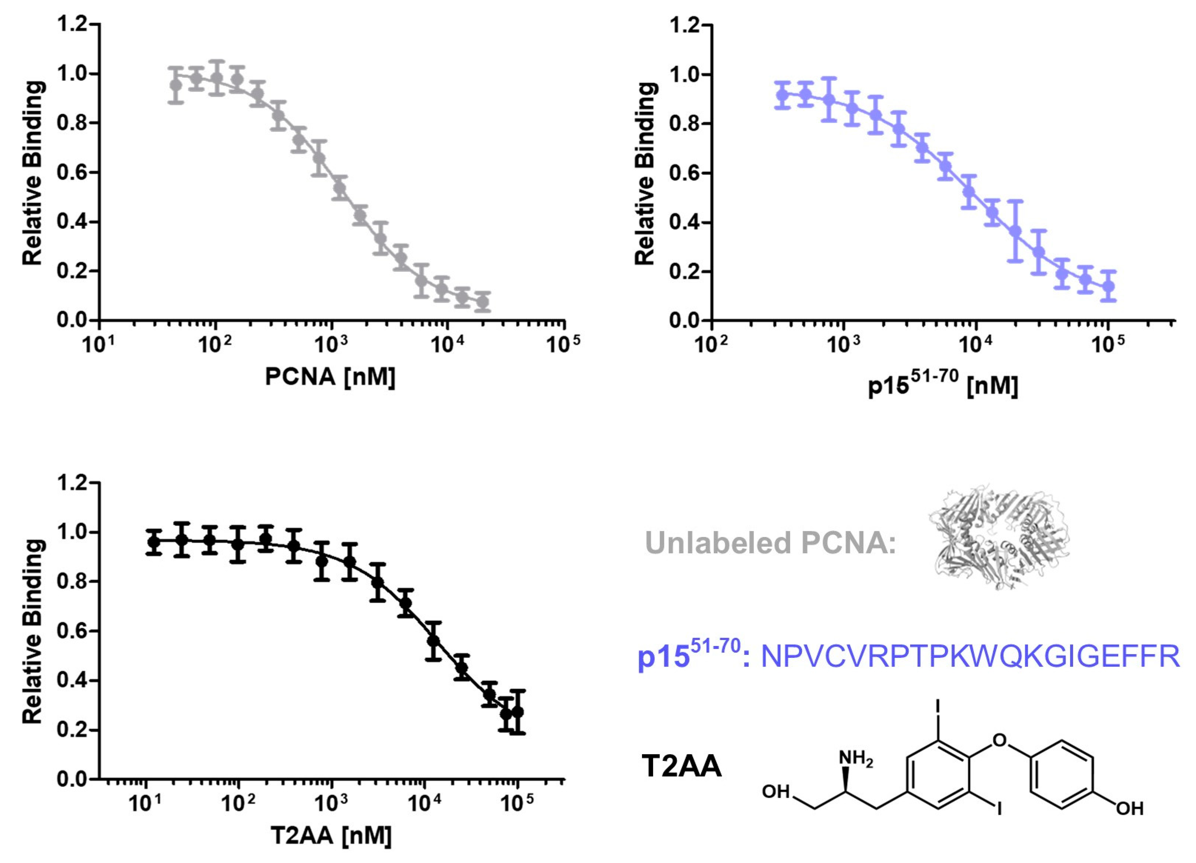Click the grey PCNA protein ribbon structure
pyautogui.click(x=998, y=536)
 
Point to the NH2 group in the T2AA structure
pyautogui.click(x=855, y=759)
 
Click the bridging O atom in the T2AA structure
pyautogui.click(x=999, y=740)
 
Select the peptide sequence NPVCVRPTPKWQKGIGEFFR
pyautogui.click(x=970, y=657)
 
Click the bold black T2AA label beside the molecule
pyautogui.click(x=681, y=766)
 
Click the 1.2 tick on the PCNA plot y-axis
pyautogui.click(x=72, y=24)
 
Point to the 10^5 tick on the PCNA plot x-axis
pyautogui.click(x=563, y=344)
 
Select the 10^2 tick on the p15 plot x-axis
pyautogui.click(x=711, y=344)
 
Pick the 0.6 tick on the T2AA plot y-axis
pyautogui.click(x=72, y=631)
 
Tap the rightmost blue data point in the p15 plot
pyautogui.click(x=1109, y=286)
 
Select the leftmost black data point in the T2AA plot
pyautogui.click(x=154, y=542)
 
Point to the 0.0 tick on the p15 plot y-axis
pyautogui.click(x=684, y=320)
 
